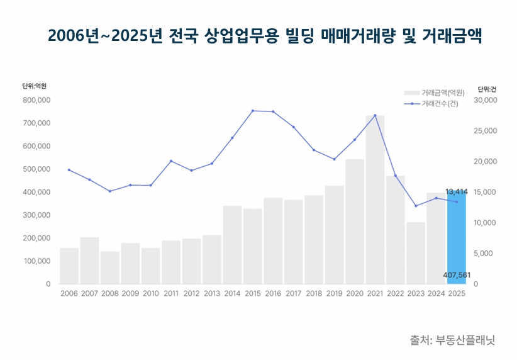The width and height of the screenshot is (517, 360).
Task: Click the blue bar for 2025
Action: click(457, 239)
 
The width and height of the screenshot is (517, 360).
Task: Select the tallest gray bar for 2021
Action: click(375, 201)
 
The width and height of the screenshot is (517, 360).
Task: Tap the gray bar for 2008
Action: click(109, 267)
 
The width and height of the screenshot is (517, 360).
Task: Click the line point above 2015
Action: click(253, 111)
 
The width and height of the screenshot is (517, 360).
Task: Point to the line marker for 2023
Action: click(416, 206)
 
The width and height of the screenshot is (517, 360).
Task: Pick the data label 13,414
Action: click(456, 191)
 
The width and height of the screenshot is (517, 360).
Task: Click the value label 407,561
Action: click(457, 274)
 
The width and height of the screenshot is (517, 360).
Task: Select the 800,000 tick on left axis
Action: click(36, 100)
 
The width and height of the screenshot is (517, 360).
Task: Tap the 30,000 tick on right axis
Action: click(486, 100)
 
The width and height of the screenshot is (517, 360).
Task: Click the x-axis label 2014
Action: click(232, 293)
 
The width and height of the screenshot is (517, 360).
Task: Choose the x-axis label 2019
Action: click(334, 293)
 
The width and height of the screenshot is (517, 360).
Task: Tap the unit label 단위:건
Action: click(487, 89)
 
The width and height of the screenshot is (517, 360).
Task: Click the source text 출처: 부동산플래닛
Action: click(452, 340)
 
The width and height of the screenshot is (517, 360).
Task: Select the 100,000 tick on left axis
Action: click(36, 261)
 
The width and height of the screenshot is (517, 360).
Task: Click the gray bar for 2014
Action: click(232, 245)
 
